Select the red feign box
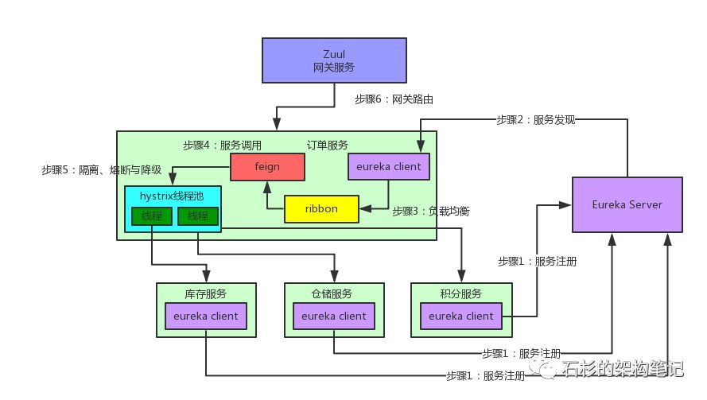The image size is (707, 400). (x=267, y=167)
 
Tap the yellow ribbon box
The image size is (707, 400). (x=321, y=209)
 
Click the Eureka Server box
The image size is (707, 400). (x=627, y=205)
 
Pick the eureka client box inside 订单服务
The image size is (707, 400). (x=389, y=167)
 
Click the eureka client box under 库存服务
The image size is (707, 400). (x=206, y=316)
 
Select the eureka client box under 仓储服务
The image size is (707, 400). (x=334, y=316)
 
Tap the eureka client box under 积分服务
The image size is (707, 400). (x=461, y=316)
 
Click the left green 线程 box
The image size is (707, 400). (x=152, y=216)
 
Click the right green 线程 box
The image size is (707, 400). (x=198, y=216)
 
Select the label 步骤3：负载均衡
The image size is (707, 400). (x=431, y=212)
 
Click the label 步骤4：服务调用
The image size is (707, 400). (x=222, y=146)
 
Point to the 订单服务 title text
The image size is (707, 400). (x=327, y=146)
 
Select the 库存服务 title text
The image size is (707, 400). (x=206, y=293)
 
